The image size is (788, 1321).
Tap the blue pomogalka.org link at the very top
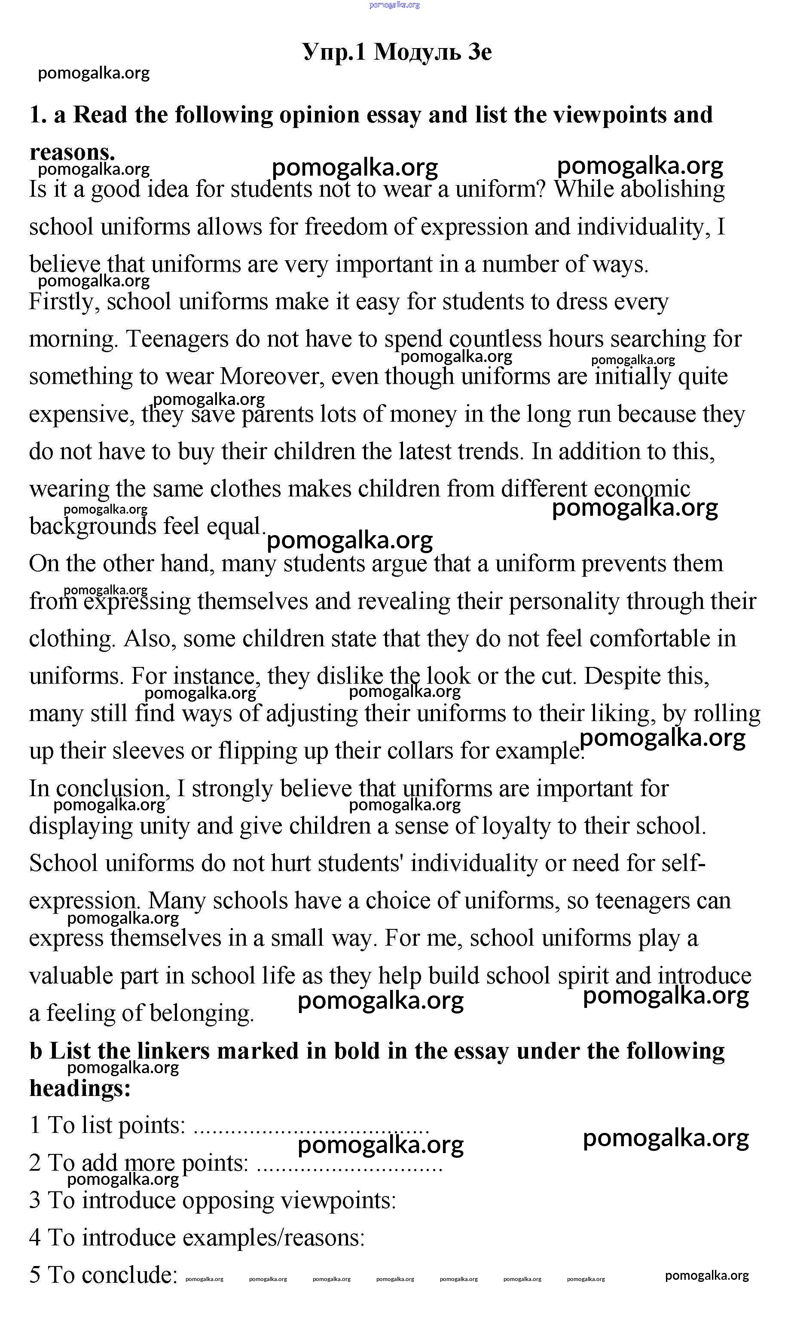[394, 5]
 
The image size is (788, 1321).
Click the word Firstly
[63, 302]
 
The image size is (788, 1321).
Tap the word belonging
[202, 1014]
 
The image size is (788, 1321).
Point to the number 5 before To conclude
[35, 1276]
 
